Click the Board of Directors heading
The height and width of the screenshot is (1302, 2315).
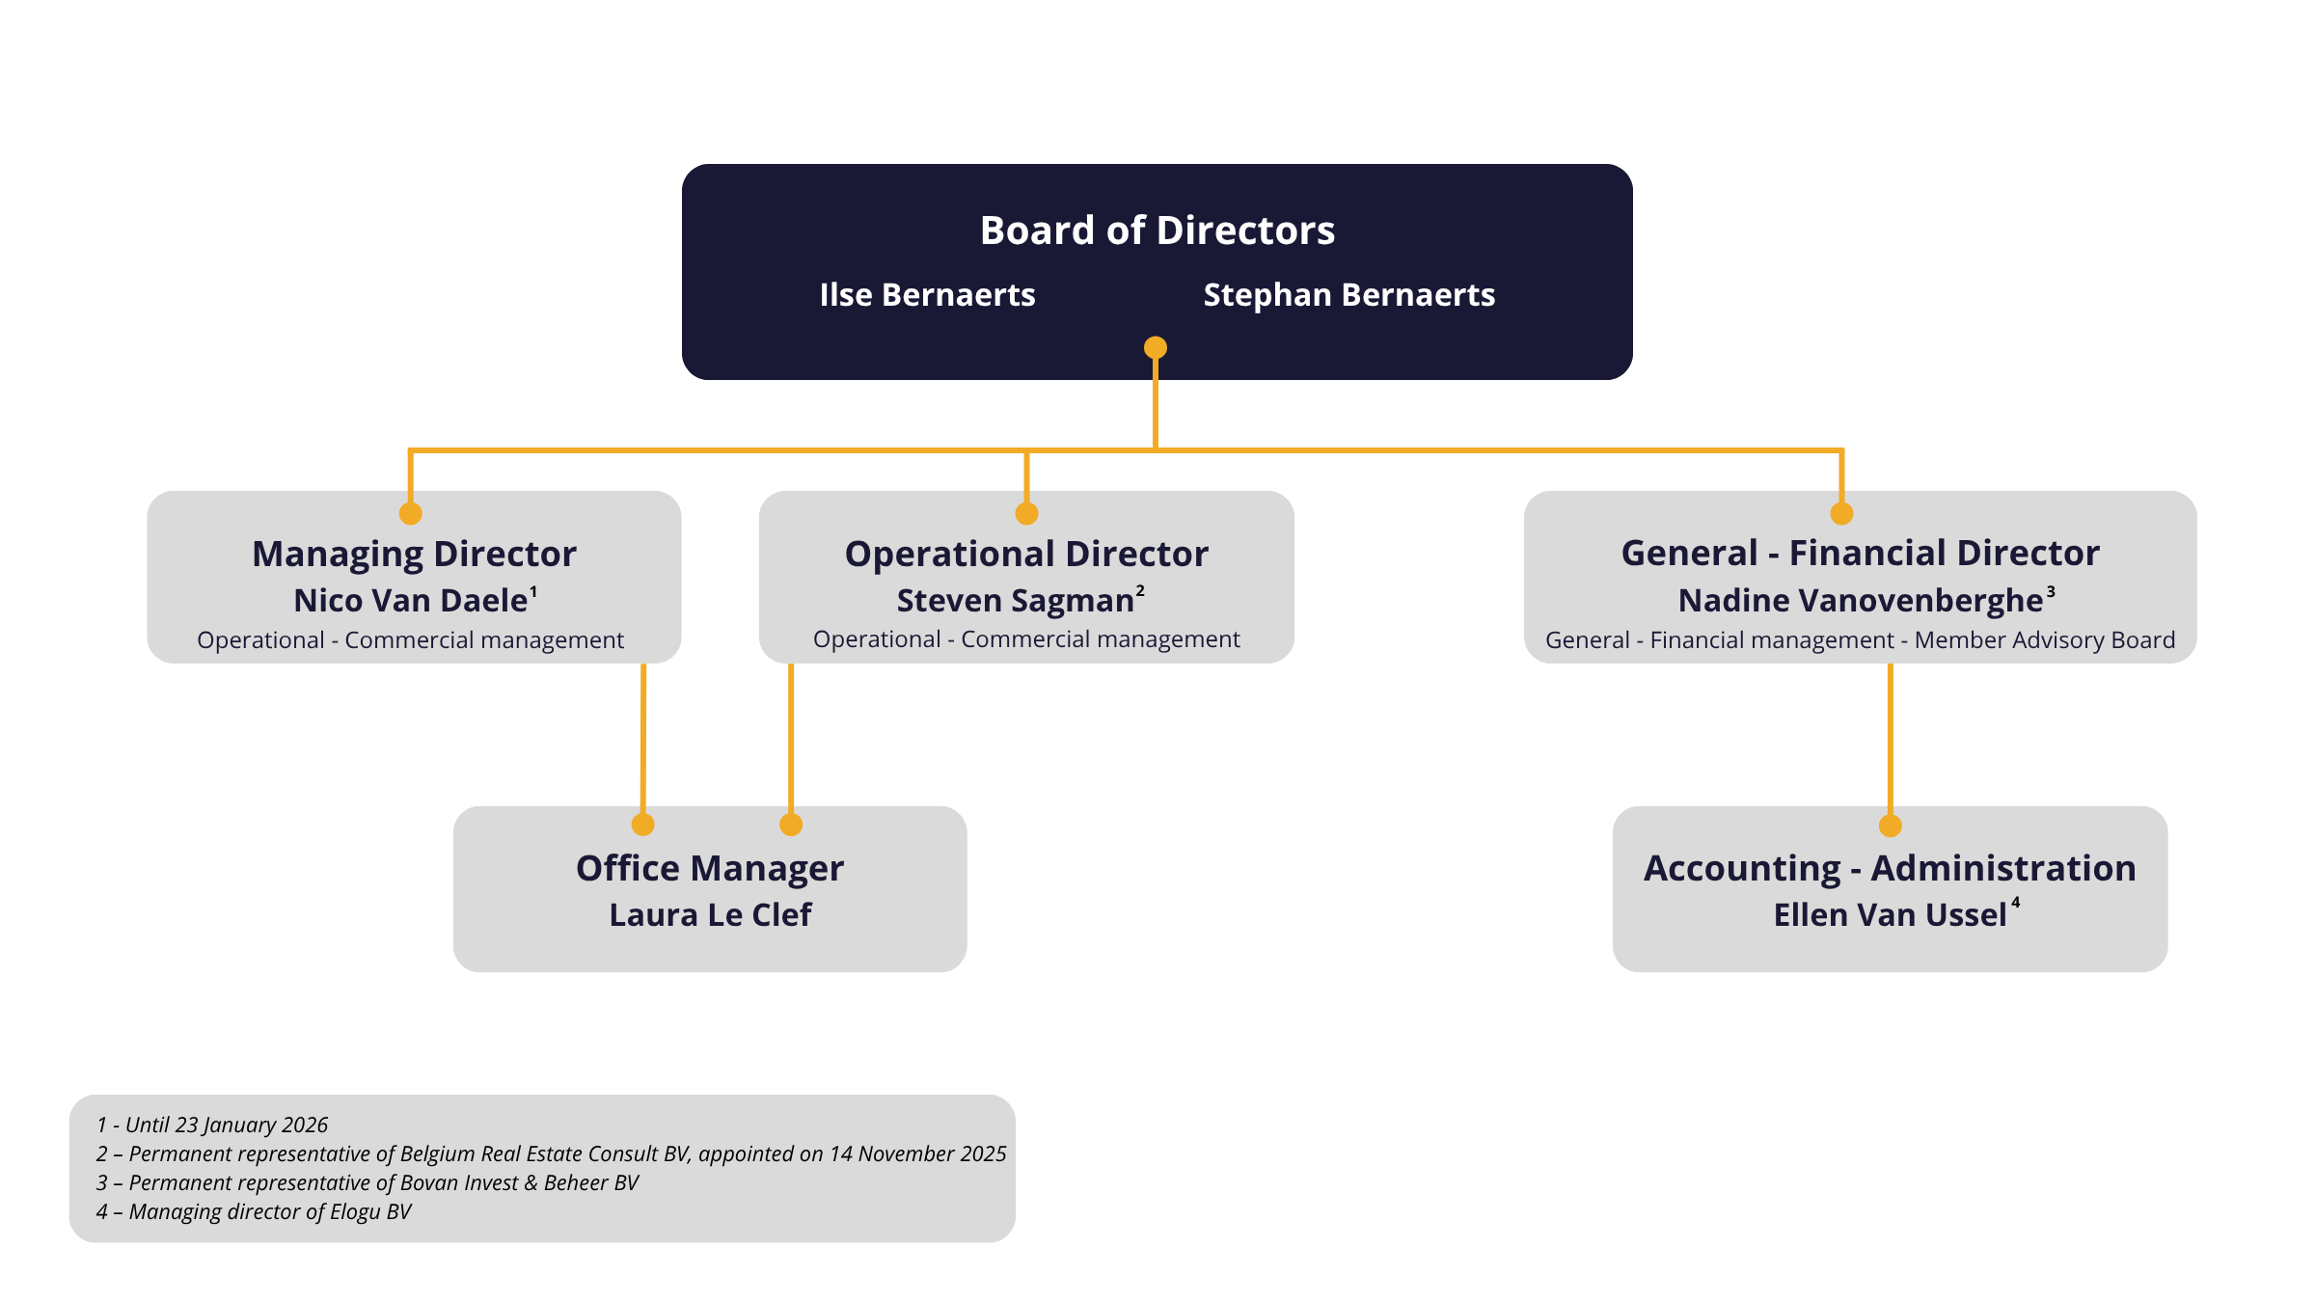point(1157,231)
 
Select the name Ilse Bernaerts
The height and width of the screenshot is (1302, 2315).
point(927,295)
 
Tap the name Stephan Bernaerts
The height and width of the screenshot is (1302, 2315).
point(1348,295)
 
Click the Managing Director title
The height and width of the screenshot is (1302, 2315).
point(414,555)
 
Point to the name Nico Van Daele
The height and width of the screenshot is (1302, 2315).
point(411,601)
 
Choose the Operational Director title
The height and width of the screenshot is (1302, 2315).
point(1026,555)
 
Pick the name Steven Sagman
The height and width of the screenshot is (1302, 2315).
point(1015,601)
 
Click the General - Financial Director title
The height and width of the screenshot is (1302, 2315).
point(1860,554)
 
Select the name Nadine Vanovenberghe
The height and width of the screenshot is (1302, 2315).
point(1860,601)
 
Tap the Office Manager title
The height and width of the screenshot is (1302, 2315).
point(710,869)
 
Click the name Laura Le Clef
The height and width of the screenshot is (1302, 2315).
point(710,915)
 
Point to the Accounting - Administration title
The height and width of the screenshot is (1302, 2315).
point(1890,869)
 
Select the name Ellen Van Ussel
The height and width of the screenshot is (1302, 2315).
point(1890,915)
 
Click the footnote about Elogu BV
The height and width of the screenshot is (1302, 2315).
point(254,1212)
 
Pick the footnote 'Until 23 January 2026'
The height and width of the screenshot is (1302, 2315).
point(212,1126)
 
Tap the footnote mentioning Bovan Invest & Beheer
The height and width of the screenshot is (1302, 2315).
point(368,1183)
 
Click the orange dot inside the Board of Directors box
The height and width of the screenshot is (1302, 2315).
point(1156,347)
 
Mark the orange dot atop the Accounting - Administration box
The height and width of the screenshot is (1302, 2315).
point(1891,826)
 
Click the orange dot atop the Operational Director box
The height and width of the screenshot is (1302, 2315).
point(1027,513)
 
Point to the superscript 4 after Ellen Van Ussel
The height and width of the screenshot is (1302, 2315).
point(2016,903)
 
